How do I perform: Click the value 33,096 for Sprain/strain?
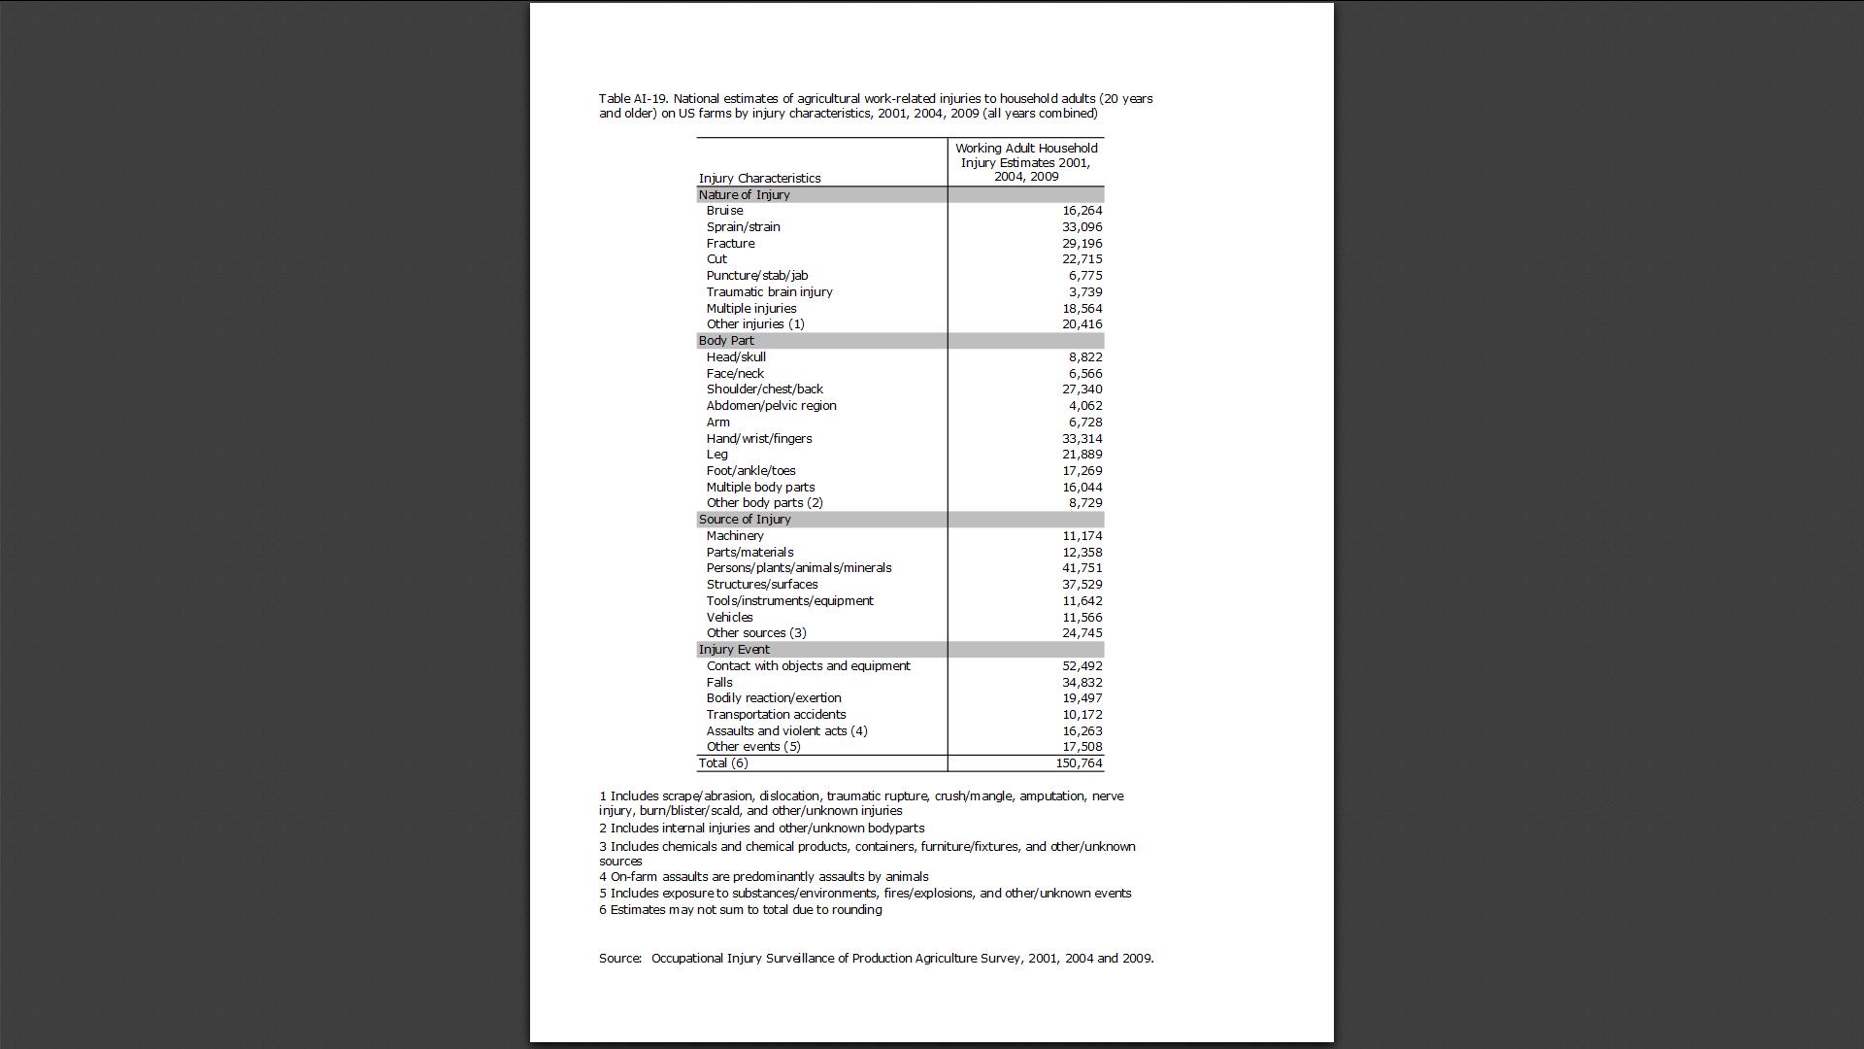coord(1082,227)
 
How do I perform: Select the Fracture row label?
coord(730,244)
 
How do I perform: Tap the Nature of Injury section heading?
coord(744,195)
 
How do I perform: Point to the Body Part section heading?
coord(726,341)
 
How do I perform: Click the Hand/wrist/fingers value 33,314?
coord(1082,439)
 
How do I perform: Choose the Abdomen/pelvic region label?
coord(771,406)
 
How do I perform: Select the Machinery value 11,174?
coord(1082,536)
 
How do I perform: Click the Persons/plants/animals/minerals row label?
coord(798,568)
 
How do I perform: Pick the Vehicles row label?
coord(729,618)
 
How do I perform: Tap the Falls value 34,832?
coord(1082,683)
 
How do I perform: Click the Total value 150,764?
coord(1079,763)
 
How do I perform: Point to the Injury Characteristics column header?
coord(759,179)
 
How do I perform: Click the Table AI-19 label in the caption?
coord(632,99)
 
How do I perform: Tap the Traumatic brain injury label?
coord(769,292)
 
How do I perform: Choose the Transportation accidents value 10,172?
coord(1082,715)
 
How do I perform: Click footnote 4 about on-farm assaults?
coord(763,877)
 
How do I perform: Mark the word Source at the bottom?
coord(619,959)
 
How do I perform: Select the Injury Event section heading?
coord(734,650)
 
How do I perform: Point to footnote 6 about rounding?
coord(740,910)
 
